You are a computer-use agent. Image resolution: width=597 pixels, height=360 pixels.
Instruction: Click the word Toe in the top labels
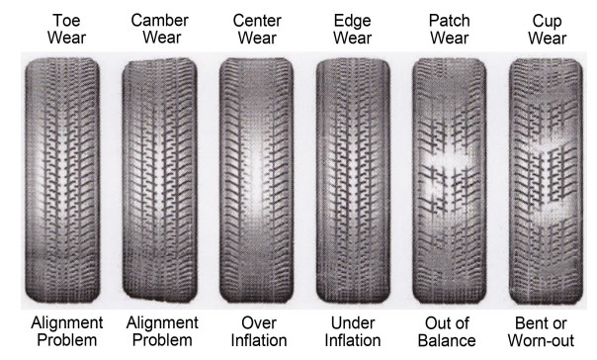tap(56, 19)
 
